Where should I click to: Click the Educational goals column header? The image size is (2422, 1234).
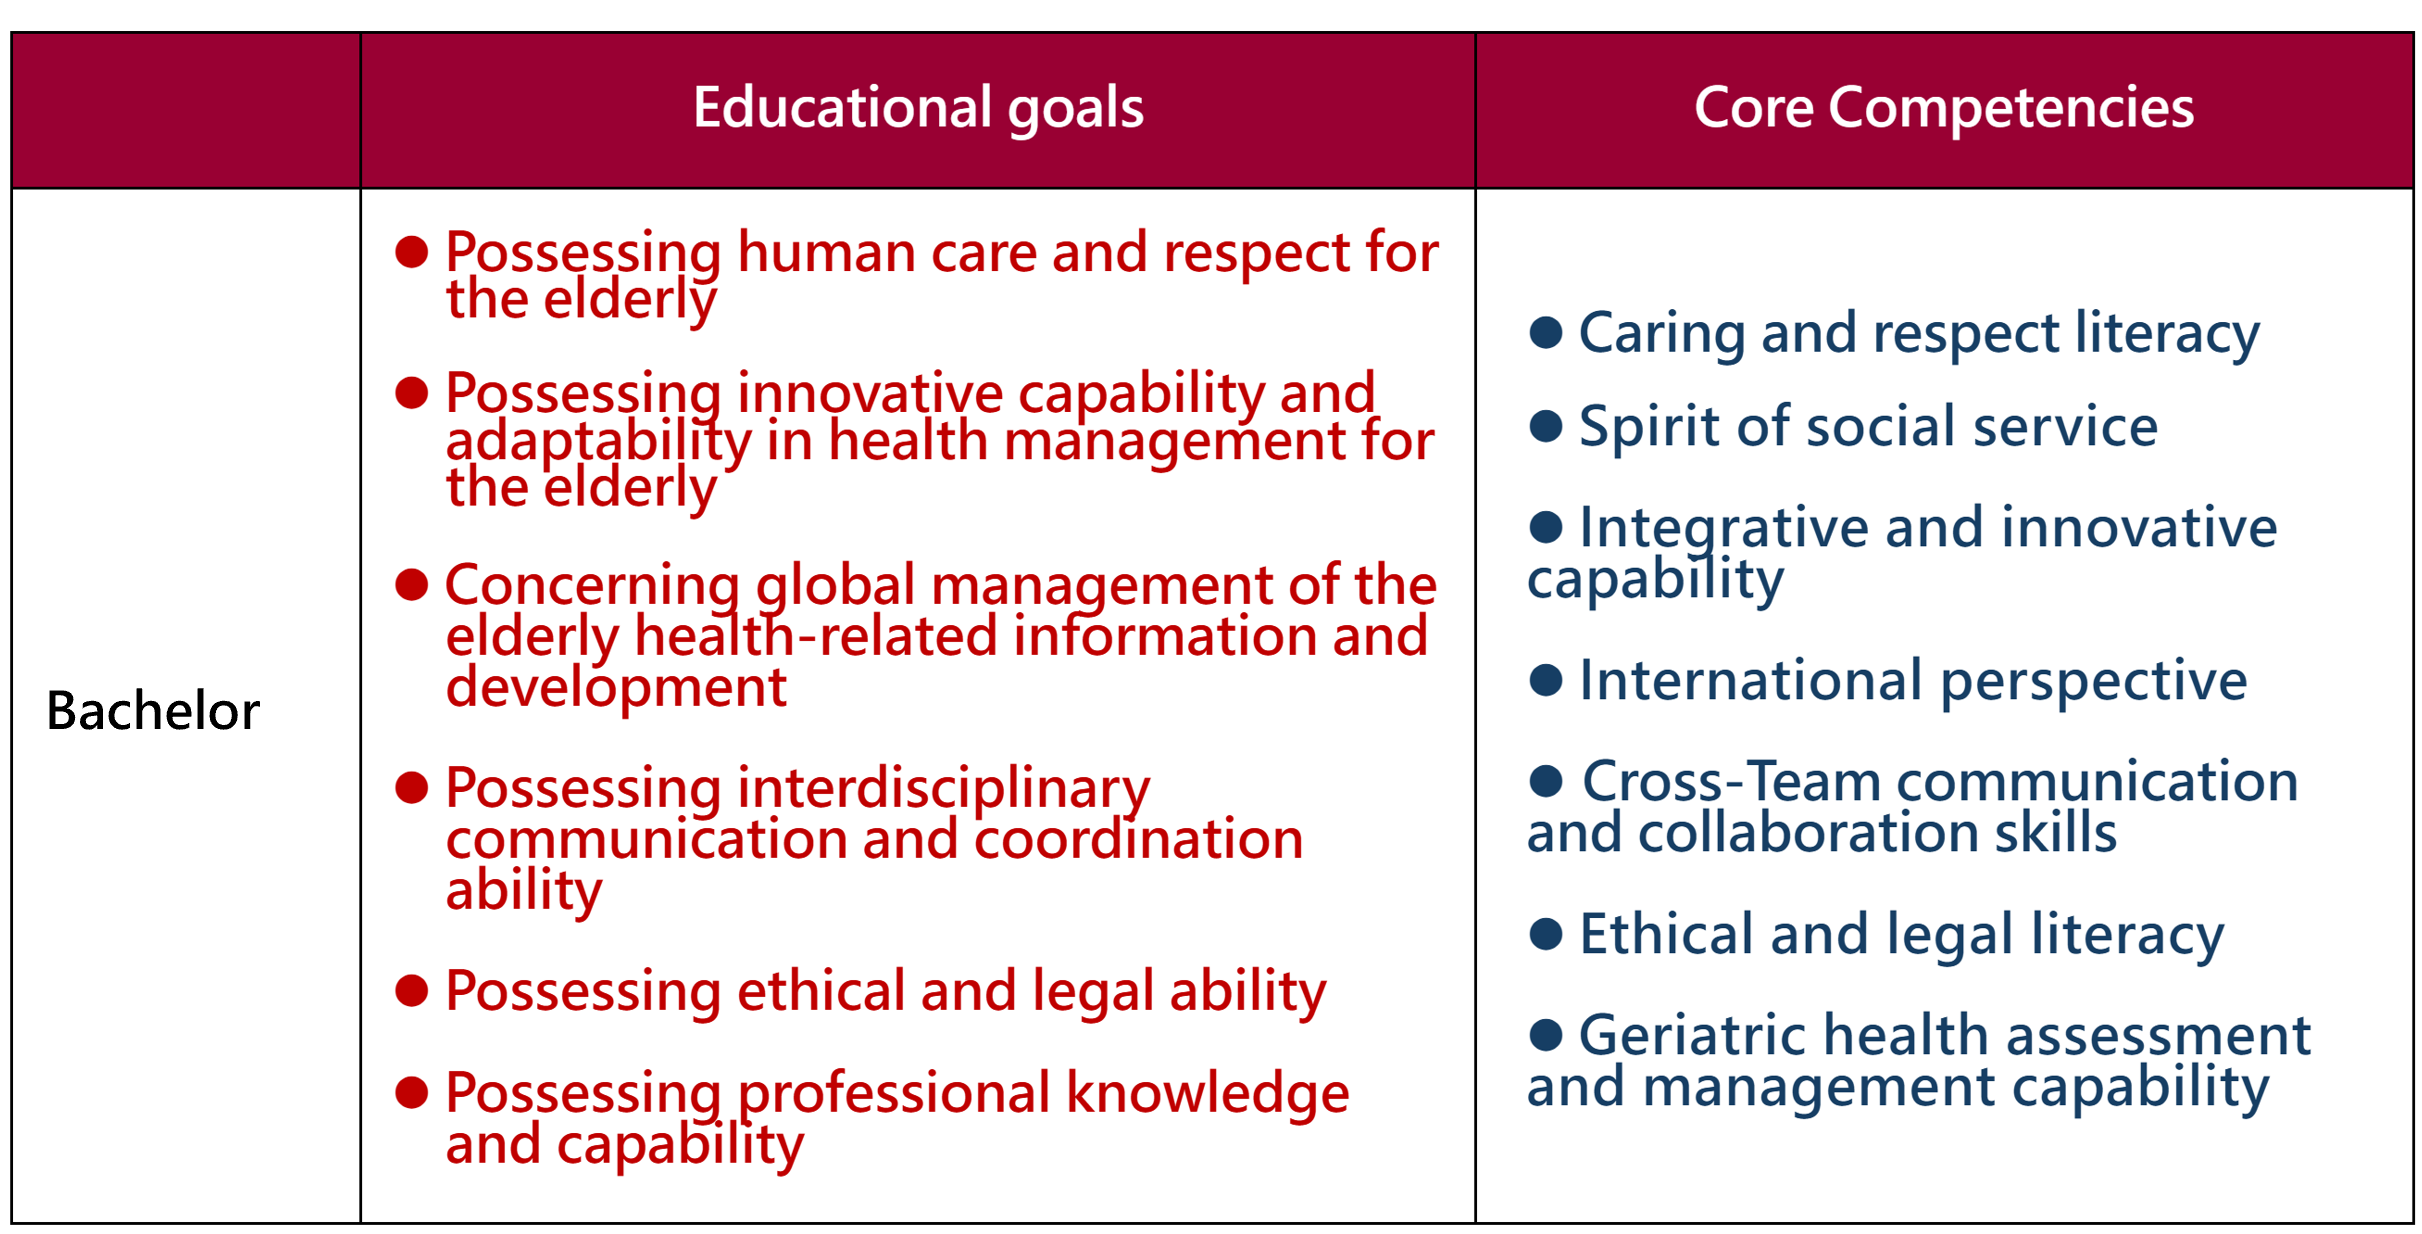pyautogui.click(x=918, y=108)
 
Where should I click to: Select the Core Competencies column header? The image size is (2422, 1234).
pyautogui.click(x=1944, y=108)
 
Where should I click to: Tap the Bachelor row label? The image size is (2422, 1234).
pyautogui.click(x=153, y=711)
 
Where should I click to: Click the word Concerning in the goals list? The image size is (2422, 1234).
pyautogui.click(x=592, y=585)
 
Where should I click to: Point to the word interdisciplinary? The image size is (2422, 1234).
pyautogui.click(x=943, y=789)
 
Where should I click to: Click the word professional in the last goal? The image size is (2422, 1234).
pyautogui.click(x=894, y=1094)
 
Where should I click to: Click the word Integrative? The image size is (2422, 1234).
pyautogui.click(x=1724, y=529)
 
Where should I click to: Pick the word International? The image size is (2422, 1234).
pyautogui.click(x=1751, y=681)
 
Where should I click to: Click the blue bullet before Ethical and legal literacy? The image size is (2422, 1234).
pyautogui.click(x=1546, y=934)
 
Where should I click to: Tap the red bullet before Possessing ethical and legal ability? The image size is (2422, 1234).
pyautogui.click(x=412, y=990)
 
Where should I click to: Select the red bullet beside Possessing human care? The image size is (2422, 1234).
pyautogui.click(x=412, y=251)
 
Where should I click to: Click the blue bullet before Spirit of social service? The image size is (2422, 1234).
pyautogui.click(x=1546, y=426)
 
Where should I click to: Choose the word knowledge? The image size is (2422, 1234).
pyautogui.click(x=1207, y=1094)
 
